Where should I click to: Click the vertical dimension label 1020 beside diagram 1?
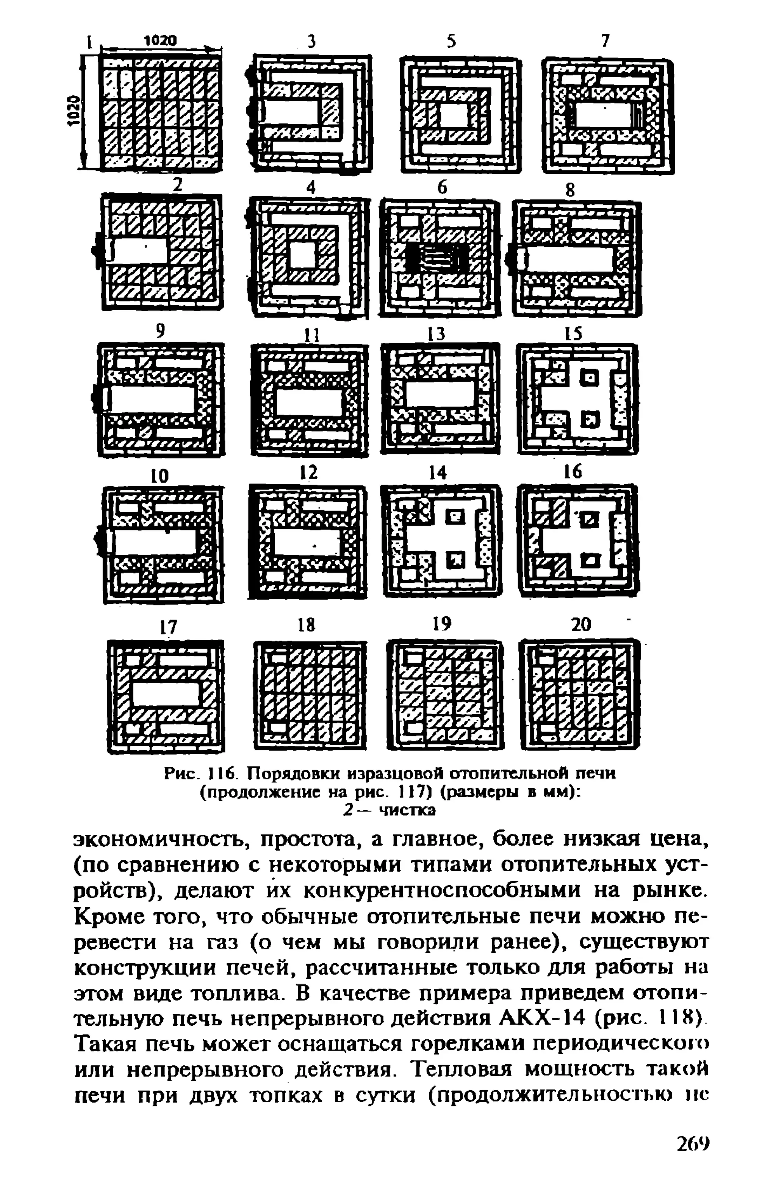click(x=74, y=111)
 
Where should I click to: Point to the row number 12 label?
click(x=308, y=472)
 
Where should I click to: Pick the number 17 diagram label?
click(x=168, y=627)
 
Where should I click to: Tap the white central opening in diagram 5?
click(x=453, y=116)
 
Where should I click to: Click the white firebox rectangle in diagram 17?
click(x=166, y=694)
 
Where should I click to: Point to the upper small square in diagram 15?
click(x=590, y=377)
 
